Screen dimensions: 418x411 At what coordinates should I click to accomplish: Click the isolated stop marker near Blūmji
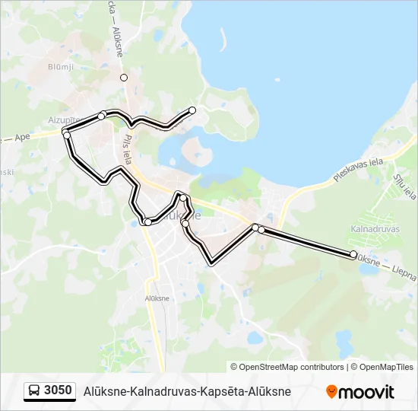124,78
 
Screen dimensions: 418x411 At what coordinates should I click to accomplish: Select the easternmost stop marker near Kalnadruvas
353,254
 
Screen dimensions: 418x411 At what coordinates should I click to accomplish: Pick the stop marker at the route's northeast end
192,110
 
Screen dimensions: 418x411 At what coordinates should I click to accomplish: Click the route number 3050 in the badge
59,391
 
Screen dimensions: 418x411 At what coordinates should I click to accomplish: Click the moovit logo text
367,392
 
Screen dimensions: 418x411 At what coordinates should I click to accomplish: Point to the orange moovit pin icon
331,392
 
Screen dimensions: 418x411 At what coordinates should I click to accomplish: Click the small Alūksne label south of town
157,298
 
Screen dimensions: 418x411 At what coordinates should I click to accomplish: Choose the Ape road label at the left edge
21,138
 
